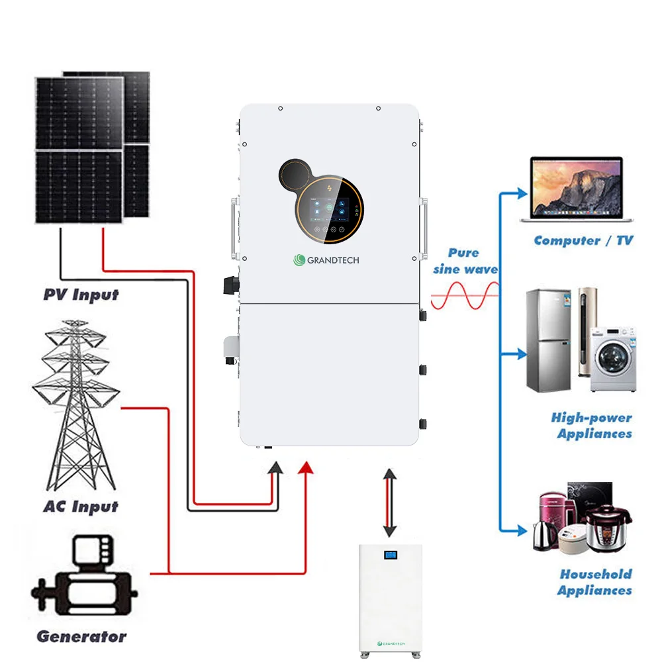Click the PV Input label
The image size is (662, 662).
click(x=81, y=295)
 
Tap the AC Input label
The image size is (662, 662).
click(x=81, y=507)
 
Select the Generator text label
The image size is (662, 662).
click(x=81, y=637)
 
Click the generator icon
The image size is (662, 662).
click(x=85, y=577)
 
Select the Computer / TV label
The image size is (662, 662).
click(x=583, y=241)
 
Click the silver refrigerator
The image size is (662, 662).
click(x=548, y=340)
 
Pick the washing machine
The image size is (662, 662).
click(x=613, y=358)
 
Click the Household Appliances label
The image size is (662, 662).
click(x=594, y=583)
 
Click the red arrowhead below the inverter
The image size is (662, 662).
click(x=305, y=467)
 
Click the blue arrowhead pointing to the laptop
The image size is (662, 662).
click(x=522, y=193)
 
